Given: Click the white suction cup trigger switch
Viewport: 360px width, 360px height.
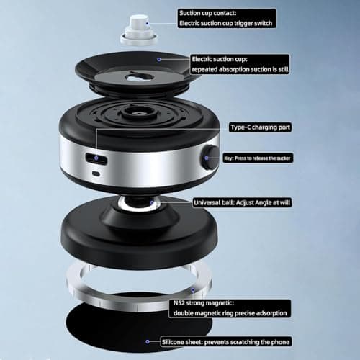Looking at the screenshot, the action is pyautogui.click(x=139, y=30).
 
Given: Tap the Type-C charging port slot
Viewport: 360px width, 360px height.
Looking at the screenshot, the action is pyautogui.click(x=96, y=158).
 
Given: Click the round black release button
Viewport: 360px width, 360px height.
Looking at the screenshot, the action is pyautogui.click(x=210, y=157).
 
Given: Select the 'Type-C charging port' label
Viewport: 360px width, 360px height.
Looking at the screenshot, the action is pyautogui.click(x=260, y=127).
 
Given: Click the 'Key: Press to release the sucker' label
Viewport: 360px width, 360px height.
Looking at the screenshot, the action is pyautogui.click(x=258, y=158).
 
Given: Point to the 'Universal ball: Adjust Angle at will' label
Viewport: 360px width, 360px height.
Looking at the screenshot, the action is pyautogui.click(x=242, y=202).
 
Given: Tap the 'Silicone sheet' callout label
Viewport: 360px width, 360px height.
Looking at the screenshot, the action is pyautogui.click(x=226, y=341).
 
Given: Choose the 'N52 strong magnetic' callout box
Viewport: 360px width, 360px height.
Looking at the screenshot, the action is pyautogui.click(x=230, y=308).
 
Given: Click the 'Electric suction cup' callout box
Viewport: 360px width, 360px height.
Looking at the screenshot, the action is pyautogui.click(x=240, y=64).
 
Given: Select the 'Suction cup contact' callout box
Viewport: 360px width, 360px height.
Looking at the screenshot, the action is pyautogui.click(x=227, y=18).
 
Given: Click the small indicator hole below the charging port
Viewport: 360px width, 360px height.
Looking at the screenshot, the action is pyautogui.click(x=96, y=174).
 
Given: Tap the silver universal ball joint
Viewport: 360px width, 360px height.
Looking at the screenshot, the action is pyautogui.click(x=139, y=203).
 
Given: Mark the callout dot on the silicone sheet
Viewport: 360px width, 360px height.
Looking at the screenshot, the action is pyautogui.click(x=148, y=341).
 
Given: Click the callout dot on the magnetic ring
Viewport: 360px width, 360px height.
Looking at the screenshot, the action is pyautogui.click(x=193, y=290).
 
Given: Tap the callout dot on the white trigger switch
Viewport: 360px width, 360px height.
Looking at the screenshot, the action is pyautogui.click(x=148, y=23).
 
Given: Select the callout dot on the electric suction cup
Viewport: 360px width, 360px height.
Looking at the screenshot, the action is pyautogui.click(x=159, y=59).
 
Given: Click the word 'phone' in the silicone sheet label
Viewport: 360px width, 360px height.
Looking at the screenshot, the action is pyautogui.click(x=280, y=342).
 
